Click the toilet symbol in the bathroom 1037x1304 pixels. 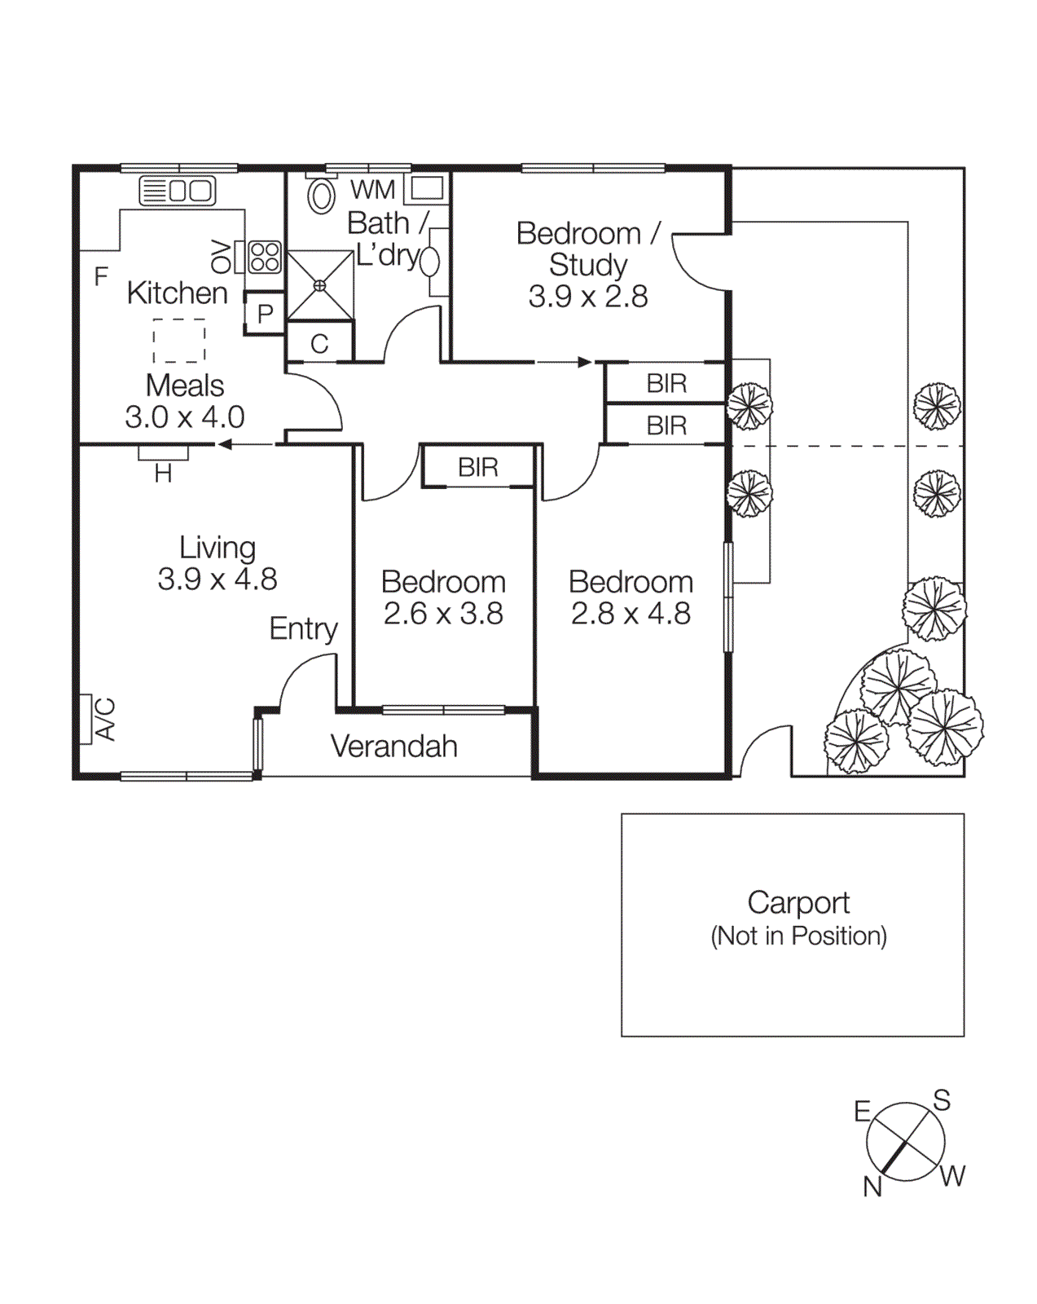click(322, 196)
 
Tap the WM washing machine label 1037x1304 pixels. click(372, 190)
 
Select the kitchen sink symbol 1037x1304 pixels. click(178, 191)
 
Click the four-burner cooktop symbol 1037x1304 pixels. click(265, 257)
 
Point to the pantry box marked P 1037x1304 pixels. click(265, 314)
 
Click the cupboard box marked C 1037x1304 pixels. click(319, 343)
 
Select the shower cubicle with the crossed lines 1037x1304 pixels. click(319, 285)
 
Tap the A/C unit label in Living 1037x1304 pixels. click(106, 719)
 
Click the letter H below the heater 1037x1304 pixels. click(163, 474)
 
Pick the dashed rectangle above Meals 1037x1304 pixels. click(179, 340)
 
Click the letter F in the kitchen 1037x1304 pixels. click(101, 276)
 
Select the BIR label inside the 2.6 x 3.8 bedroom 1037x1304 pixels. click(478, 467)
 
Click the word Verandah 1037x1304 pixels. click(393, 747)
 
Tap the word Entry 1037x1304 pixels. click(303, 628)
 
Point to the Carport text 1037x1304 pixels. click(798, 903)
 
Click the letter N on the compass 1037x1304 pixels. click(872, 1187)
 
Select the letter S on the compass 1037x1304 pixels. click(942, 1100)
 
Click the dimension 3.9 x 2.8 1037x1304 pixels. click(587, 297)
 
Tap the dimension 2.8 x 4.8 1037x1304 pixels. click(631, 613)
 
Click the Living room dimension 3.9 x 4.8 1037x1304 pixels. click(218, 579)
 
